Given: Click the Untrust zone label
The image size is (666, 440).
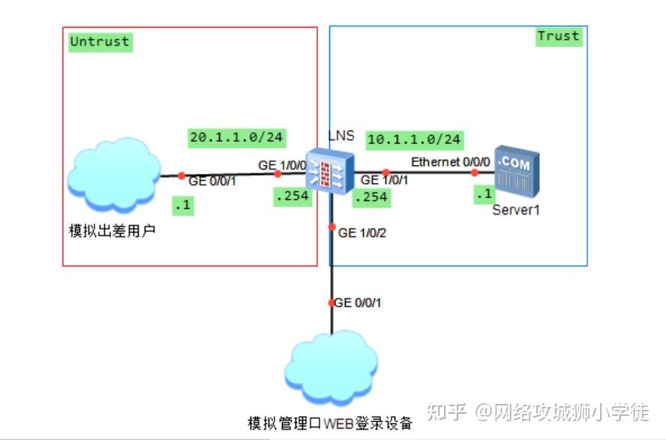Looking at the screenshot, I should tap(100, 41).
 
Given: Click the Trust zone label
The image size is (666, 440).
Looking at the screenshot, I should tap(559, 36).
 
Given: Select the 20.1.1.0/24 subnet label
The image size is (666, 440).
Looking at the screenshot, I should tap(236, 137).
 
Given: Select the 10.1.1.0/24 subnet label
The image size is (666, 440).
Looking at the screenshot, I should tap(414, 140).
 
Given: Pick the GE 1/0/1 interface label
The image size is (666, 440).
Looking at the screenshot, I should tap(385, 180).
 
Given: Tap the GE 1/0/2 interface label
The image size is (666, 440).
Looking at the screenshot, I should tap(363, 233).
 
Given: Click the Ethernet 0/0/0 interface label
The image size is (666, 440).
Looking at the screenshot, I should tap(450, 162).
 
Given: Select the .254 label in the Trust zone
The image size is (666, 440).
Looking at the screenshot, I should tap(370, 197).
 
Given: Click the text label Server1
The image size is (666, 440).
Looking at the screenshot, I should tap(516, 210).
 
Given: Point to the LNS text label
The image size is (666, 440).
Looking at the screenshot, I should tap(341, 136).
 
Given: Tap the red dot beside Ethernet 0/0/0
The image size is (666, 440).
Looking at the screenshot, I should tap(474, 172).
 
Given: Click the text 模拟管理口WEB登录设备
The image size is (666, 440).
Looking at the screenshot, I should tap(330, 423).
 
